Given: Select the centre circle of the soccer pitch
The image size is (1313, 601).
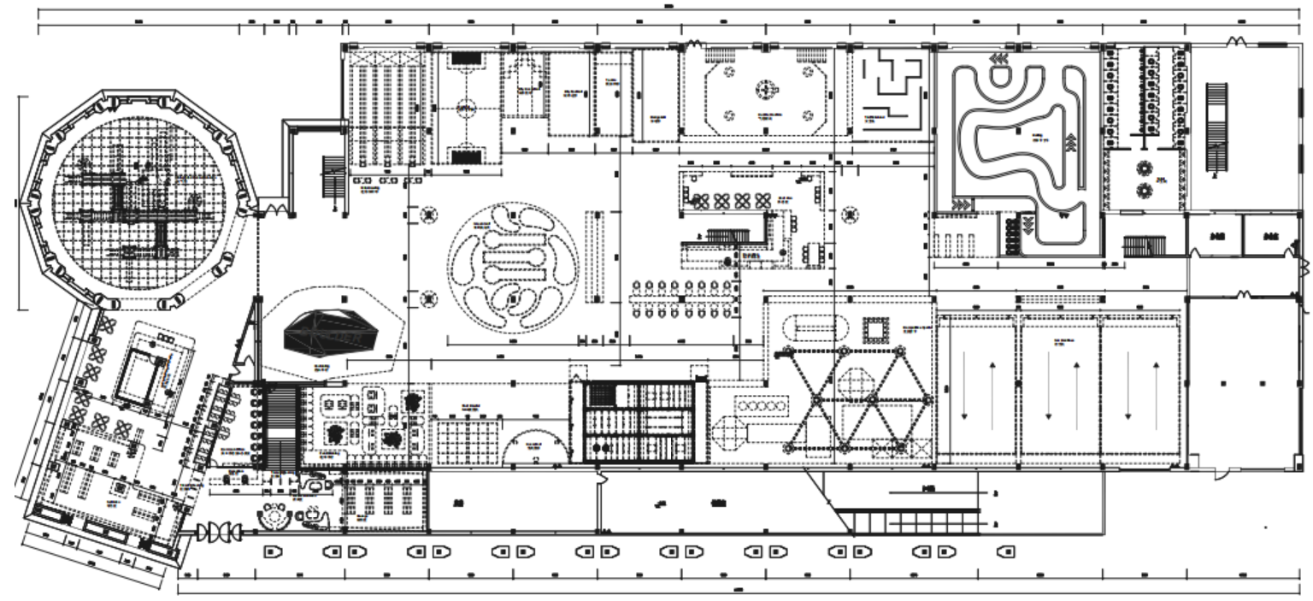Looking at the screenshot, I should point(465,109).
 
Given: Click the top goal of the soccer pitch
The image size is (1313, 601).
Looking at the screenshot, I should point(465,59).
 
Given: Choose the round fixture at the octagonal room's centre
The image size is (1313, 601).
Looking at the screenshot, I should point(764,87).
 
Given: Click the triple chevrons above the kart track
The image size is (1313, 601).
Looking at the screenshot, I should point(997,58).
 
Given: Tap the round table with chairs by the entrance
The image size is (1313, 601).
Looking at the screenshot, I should point(274,516).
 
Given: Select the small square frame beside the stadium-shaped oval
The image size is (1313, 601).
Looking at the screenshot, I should point(876,330).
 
